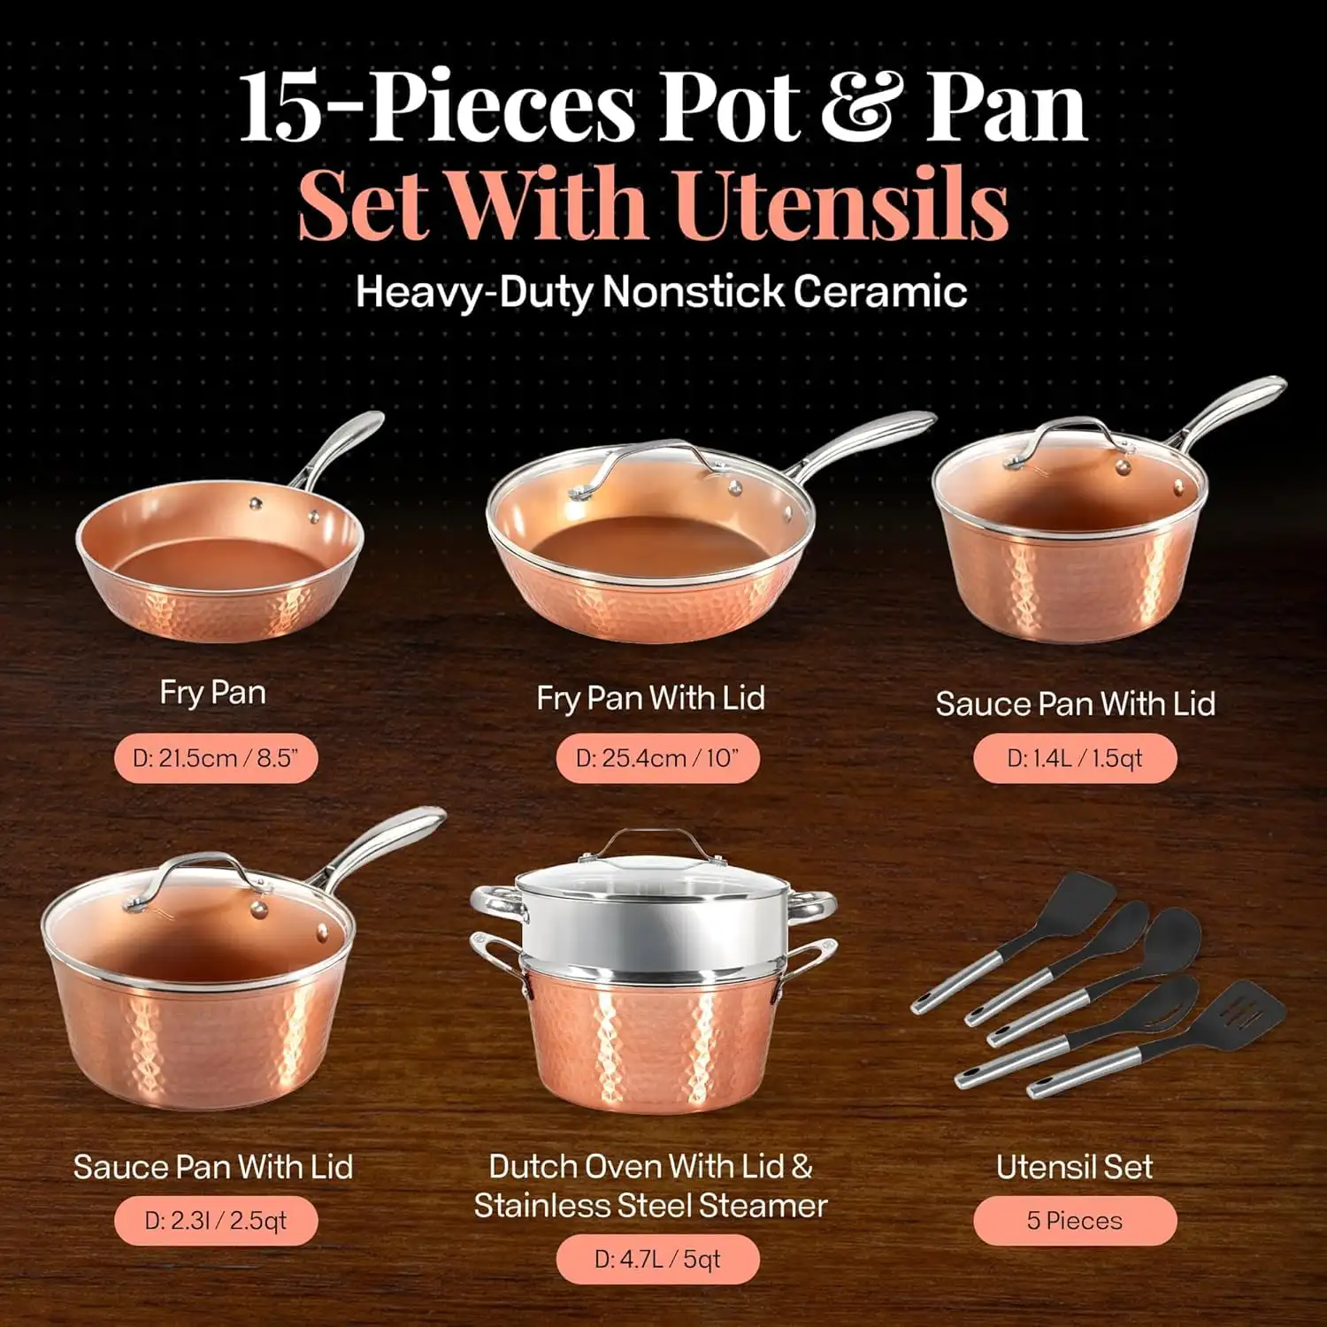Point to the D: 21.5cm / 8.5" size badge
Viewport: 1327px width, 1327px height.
click(216, 758)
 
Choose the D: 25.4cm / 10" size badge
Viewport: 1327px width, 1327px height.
click(657, 758)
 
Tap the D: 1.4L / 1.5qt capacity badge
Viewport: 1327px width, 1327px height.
click(1075, 758)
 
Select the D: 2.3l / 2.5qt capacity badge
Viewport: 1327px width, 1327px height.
click(216, 1221)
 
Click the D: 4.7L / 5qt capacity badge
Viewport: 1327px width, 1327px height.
click(657, 1259)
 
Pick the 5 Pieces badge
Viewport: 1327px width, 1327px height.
click(1075, 1221)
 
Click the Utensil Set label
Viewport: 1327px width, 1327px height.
click(1074, 1167)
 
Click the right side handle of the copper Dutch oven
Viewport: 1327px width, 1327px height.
click(801, 964)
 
